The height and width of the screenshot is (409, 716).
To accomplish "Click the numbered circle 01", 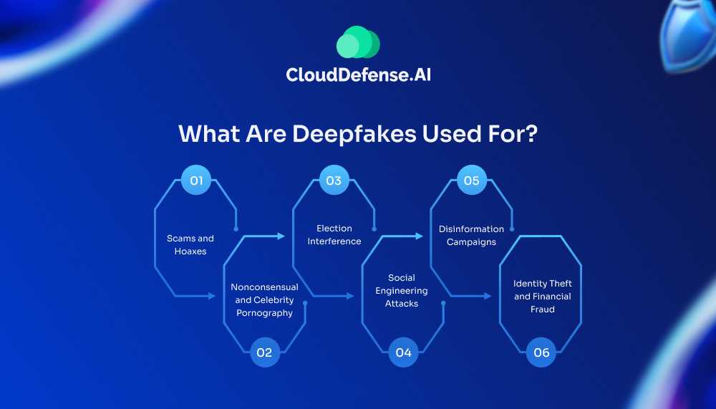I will (x=196, y=181).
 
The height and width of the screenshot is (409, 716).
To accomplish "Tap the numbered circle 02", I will (x=265, y=352).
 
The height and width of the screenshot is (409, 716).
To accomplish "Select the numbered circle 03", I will (x=334, y=181).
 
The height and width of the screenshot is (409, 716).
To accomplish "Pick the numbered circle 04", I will (x=403, y=352).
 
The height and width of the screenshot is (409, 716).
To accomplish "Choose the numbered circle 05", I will (x=471, y=181).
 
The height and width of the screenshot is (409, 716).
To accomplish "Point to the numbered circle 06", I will (x=541, y=352).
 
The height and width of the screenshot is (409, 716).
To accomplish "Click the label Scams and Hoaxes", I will (x=190, y=245).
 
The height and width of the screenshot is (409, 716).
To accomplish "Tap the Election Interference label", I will (x=334, y=235).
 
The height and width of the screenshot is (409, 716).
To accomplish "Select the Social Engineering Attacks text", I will (x=402, y=290).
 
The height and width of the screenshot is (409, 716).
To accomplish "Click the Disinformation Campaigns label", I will (x=471, y=235).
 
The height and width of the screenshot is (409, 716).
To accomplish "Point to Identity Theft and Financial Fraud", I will (x=543, y=297).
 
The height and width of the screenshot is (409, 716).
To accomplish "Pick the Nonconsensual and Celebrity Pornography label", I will (x=264, y=299).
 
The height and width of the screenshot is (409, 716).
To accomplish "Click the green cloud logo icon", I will (x=358, y=42).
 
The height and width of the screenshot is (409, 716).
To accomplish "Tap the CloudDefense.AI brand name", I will (x=358, y=74).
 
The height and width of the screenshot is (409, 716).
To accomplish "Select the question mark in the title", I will (x=530, y=134).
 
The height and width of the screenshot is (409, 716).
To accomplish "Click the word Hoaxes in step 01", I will (x=190, y=251).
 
